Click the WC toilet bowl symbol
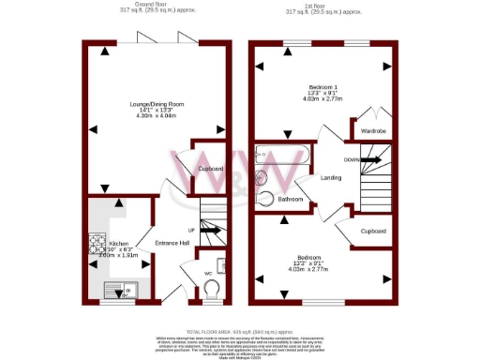pyautogui.click(x=214, y=285)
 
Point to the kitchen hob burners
pyautogui.click(x=97, y=243)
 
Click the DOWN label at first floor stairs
pyautogui.click(x=352, y=159)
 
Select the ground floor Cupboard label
pyautogui.click(x=210, y=169)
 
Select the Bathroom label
pyautogui.click(x=290, y=200)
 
